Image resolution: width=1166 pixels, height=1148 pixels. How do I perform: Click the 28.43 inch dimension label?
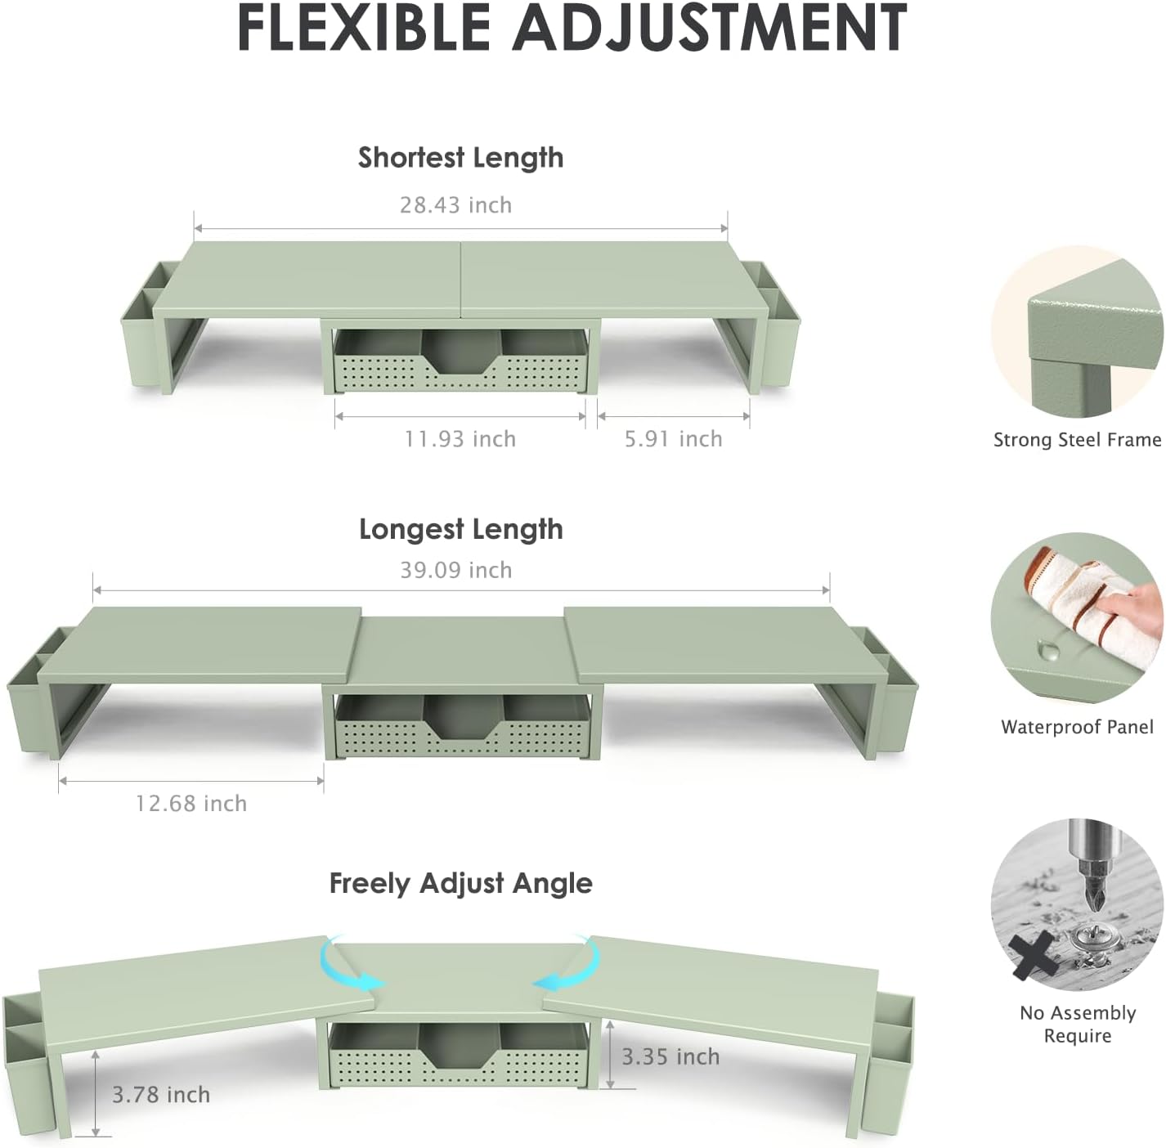(x=455, y=205)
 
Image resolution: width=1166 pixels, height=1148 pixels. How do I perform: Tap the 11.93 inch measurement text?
(x=460, y=439)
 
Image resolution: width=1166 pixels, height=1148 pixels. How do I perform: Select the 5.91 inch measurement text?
(x=674, y=439)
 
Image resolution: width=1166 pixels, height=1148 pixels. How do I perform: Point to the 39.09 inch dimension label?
(x=456, y=570)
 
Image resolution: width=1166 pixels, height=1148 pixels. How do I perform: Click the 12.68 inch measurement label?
(x=191, y=804)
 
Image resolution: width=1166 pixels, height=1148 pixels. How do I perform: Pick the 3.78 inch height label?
(x=161, y=1095)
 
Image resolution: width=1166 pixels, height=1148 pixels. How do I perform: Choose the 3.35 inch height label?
(x=670, y=1056)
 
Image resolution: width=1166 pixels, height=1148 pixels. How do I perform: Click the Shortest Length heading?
(x=460, y=158)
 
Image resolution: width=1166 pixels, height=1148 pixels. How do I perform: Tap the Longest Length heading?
(x=461, y=530)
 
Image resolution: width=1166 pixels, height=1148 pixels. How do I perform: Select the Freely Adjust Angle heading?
(x=461, y=884)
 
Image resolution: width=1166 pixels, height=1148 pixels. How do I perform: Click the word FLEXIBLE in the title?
(x=363, y=28)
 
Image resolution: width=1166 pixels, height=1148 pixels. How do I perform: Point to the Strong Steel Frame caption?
(x=1077, y=439)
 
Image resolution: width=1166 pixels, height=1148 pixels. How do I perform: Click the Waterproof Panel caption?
(x=1077, y=727)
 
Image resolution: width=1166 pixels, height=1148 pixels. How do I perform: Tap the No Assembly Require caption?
(x=1078, y=1023)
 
